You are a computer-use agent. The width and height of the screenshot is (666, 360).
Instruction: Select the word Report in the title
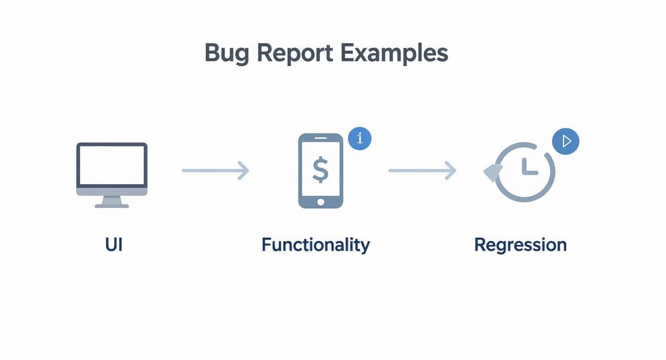point(294,53)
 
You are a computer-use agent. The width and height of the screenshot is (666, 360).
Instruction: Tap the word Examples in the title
point(394,53)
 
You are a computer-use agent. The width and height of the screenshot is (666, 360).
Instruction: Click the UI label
point(114,245)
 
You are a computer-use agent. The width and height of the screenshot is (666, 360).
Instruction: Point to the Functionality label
point(315,245)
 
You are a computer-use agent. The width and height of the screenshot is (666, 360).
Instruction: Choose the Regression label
point(520,245)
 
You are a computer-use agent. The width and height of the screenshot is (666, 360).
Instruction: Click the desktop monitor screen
point(112,165)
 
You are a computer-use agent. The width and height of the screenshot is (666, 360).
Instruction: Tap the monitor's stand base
point(112,206)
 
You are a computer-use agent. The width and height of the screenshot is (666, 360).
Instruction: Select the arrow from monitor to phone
point(215,170)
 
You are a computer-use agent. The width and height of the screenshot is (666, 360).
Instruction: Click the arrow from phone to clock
point(422,170)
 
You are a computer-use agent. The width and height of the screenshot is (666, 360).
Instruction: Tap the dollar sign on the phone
point(321,170)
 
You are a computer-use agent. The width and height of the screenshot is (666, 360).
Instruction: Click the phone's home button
point(321,202)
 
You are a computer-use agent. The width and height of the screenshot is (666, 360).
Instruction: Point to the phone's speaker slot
point(321,138)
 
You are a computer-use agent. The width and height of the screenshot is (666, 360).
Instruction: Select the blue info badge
point(360,139)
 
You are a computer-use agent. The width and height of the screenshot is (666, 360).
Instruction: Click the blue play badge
point(566,141)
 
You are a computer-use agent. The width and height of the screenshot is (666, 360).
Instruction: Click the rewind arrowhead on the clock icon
point(493,172)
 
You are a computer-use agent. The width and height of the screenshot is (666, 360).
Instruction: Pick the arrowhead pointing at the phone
point(244,170)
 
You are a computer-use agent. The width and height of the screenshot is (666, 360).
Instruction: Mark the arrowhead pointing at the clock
point(451,170)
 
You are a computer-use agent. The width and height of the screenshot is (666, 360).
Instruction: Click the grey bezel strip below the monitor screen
point(112,191)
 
